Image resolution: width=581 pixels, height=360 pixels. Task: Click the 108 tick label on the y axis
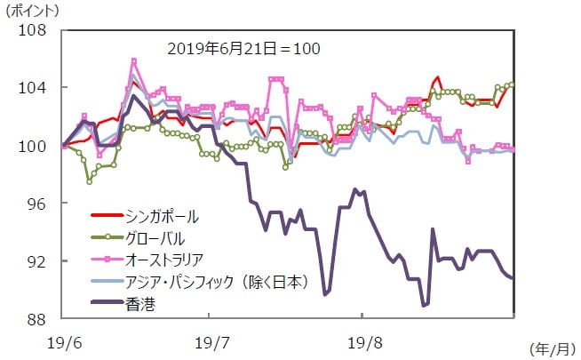[x=34, y=30]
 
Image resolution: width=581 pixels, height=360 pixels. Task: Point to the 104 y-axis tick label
[x=34, y=88]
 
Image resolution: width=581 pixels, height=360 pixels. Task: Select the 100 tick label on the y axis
[x=34, y=146]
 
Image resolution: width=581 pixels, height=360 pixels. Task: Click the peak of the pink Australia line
[x=133, y=60]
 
